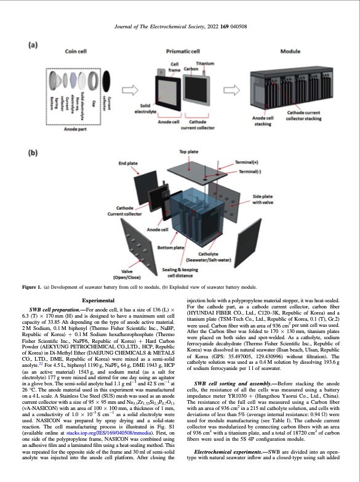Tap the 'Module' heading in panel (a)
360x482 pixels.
[289, 50]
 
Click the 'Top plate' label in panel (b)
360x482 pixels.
[188, 151]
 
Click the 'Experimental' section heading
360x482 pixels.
[93, 299]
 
